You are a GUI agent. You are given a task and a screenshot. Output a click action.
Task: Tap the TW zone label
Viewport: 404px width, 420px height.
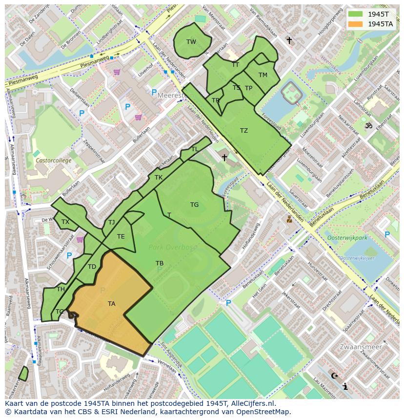(x=191, y=42)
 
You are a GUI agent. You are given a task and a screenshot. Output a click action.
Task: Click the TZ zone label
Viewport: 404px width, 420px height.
(x=244, y=131)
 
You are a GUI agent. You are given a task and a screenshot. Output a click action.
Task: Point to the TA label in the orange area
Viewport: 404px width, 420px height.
(x=112, y=304)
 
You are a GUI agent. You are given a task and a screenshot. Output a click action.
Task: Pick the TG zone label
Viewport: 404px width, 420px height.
(x=195, y=205)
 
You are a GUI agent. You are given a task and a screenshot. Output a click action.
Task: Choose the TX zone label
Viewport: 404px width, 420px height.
(x=65, y=222)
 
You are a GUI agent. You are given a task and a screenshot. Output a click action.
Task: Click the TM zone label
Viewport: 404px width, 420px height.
(x=263, y=75)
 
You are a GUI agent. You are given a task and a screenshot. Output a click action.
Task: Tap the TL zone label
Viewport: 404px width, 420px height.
(x=195, y=149)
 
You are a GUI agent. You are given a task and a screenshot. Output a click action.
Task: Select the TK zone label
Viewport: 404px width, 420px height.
(x=159, y=178)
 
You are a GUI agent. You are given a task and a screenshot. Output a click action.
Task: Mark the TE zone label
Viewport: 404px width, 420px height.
(x=121, y=237)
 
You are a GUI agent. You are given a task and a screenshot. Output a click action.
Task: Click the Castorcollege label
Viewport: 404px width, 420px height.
(x=53, y=160)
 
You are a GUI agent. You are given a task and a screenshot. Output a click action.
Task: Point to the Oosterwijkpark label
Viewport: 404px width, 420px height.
(x=347, y=238)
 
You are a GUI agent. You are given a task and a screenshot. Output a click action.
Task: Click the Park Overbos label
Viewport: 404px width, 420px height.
(x=173, y=247)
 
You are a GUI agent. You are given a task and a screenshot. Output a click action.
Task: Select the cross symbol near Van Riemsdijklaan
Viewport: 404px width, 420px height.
(x=289, y=40)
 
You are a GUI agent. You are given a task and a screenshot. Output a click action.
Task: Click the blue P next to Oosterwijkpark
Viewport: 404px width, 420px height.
(x=387, y=235)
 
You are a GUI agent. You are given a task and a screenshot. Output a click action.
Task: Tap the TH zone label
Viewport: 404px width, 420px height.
(x=61, y=289)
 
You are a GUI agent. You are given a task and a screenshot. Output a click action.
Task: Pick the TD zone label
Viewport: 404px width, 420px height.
(x=92, y=267)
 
